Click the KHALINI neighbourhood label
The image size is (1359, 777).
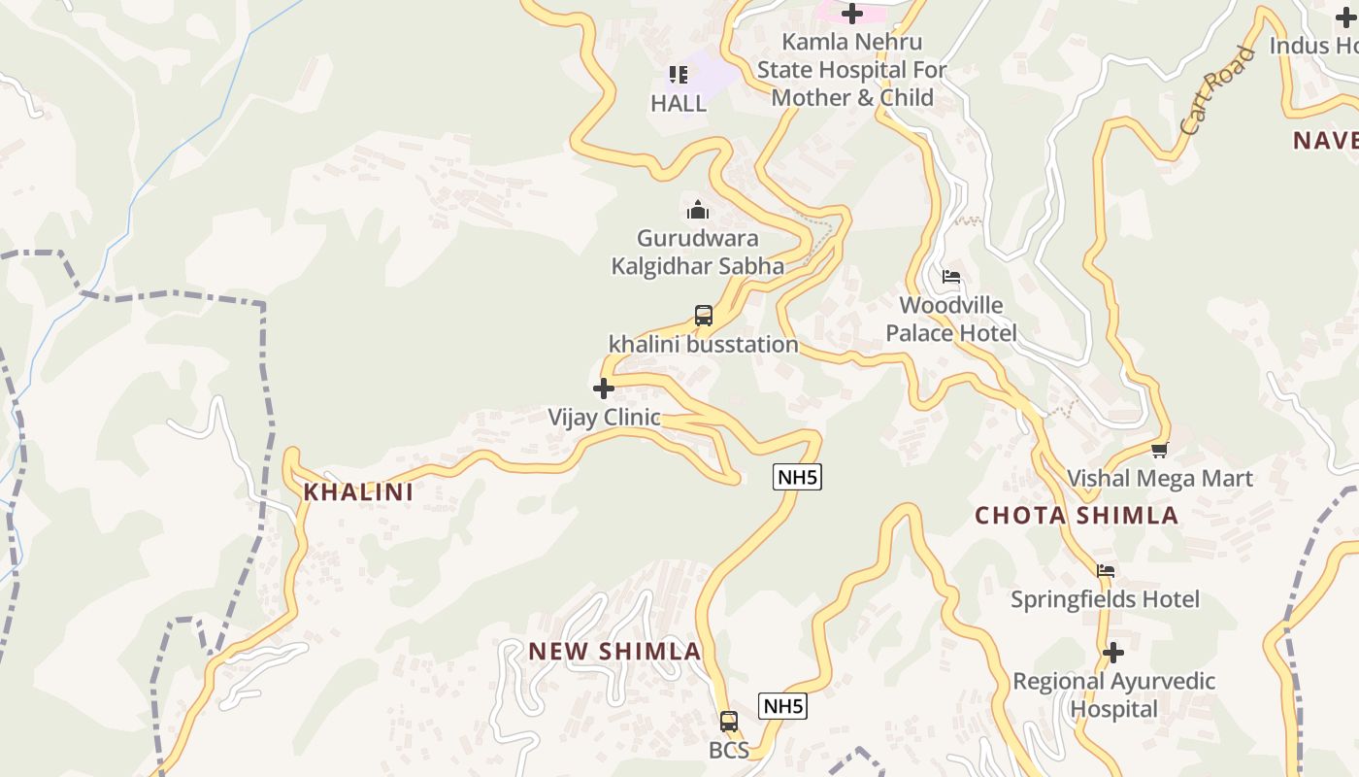click(x=358, y=492)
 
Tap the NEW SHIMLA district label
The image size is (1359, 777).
click(x=614, y=652)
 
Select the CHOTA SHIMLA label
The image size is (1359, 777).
click(x=1077, y=516)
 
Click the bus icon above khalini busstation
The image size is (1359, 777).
click(x=704, y=316)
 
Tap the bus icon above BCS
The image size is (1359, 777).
click(x=729, y=722)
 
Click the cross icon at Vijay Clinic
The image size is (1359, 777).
click(x=604, y=389)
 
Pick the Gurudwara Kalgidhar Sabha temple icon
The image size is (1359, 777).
click(x=697, y=210)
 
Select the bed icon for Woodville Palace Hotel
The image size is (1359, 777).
click(x=951, y=277)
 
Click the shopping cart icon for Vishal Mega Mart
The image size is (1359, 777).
click(x=1159, y=450)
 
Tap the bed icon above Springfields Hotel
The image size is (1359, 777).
click(x=1106, y=571)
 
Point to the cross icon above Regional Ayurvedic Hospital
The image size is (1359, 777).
click(x=1113, y=653)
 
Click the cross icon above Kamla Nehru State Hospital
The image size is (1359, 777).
click(x=852, y=14)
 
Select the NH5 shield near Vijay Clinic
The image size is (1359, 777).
click(x=797, y=477)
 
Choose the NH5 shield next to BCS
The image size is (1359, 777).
click(x=782, y=707)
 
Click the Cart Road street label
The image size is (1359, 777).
click(x=1217, y=90)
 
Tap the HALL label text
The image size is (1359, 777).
click(x=679, y=104)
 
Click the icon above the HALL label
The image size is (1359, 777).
click(x=679, y=75)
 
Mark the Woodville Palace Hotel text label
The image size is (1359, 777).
click(x=951, y=320)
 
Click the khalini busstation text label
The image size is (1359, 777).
click(x=704, y=345)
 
